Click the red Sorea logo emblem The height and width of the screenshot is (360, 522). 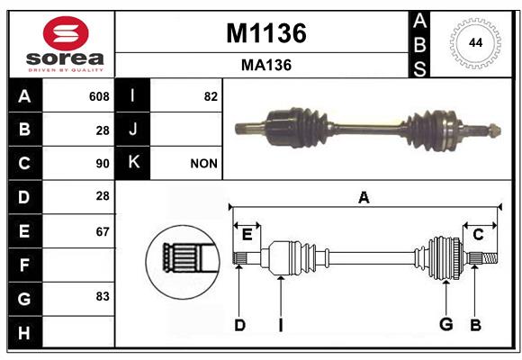[66, 33]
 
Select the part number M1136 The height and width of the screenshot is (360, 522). [266, 33]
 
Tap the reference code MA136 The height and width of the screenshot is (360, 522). [266, 66]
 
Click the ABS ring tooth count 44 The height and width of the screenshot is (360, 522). [475, 43]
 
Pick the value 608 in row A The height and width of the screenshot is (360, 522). [99, 96]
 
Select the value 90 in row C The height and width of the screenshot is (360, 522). [103, 164]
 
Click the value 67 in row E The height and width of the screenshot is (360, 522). [103, 231]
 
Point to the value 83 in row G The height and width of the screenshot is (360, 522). [103, 296]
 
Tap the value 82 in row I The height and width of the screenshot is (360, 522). [211, 96]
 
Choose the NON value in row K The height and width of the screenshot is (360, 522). [203, 164]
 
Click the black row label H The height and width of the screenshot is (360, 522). [25, 332]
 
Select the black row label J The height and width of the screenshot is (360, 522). [132, 130]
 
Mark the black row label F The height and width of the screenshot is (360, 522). [25, 265]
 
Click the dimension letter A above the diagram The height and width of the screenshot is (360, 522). [364, 197]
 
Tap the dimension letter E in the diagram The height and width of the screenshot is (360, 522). [247, 235]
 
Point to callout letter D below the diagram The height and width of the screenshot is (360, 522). [239, 325]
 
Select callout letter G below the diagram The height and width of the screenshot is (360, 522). [446, 324]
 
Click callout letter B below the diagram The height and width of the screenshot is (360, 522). [475, 325]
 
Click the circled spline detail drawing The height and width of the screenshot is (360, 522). [183, 262]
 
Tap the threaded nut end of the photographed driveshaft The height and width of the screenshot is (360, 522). [495, 130]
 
